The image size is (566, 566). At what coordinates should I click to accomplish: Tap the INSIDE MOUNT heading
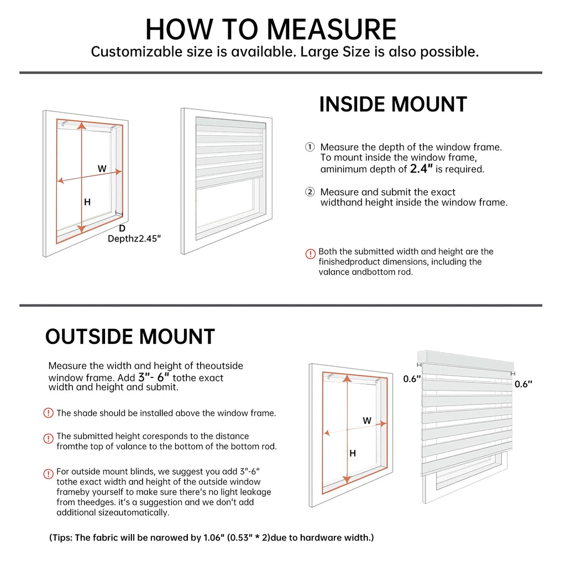[x=393, y=104]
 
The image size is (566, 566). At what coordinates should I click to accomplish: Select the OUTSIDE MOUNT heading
[x=130, y=337]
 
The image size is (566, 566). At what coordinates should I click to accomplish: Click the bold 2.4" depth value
[x=421, y=169]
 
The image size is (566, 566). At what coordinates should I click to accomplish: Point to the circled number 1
[x=310, y=147]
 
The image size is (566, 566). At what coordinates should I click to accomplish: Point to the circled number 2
[x=310, y=192]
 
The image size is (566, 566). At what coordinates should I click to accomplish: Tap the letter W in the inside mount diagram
[x=102, y=169]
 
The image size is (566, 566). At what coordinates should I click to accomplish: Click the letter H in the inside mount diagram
[x=87, y=202]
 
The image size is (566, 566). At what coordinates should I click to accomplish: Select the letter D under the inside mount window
[x=122, y=228]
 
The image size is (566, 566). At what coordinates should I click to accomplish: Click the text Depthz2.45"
[x=134, y=239]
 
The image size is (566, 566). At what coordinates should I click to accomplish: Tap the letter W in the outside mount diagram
[x=367, y=421]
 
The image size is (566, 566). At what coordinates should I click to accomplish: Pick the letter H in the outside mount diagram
[x=353, y=453]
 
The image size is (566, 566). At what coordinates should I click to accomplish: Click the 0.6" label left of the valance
[x=412, y=379]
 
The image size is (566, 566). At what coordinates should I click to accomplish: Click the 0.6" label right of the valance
[x=523, y=384]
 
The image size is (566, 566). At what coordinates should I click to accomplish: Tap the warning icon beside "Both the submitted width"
[x=311, y=254]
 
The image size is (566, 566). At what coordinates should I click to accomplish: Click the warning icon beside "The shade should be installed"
[x=49, y=413]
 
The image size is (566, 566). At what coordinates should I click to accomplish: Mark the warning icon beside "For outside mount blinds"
[x=49, y=474]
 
